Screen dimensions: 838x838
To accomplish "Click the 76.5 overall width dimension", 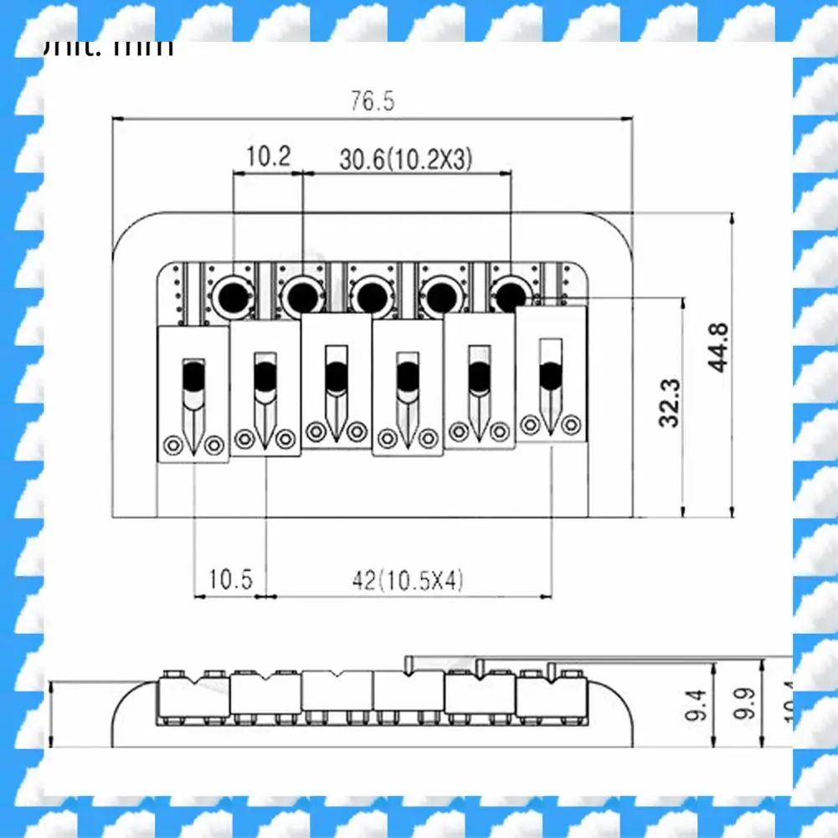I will [x=372, y=102].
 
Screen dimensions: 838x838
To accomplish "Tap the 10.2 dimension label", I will [x=267, y=156].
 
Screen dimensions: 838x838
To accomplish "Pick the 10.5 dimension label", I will [x=230, y=579].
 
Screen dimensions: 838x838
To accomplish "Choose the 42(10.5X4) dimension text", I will [x=409, y=579].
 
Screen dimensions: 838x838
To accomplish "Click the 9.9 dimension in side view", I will [x=746, y=703].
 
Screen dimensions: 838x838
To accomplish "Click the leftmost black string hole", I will [x=229, y=294].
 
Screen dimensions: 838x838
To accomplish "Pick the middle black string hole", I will [x=368, y=294].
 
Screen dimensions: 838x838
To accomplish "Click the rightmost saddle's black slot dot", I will [x=550, y=376].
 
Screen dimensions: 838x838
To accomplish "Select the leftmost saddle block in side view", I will [x=193, y=694].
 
